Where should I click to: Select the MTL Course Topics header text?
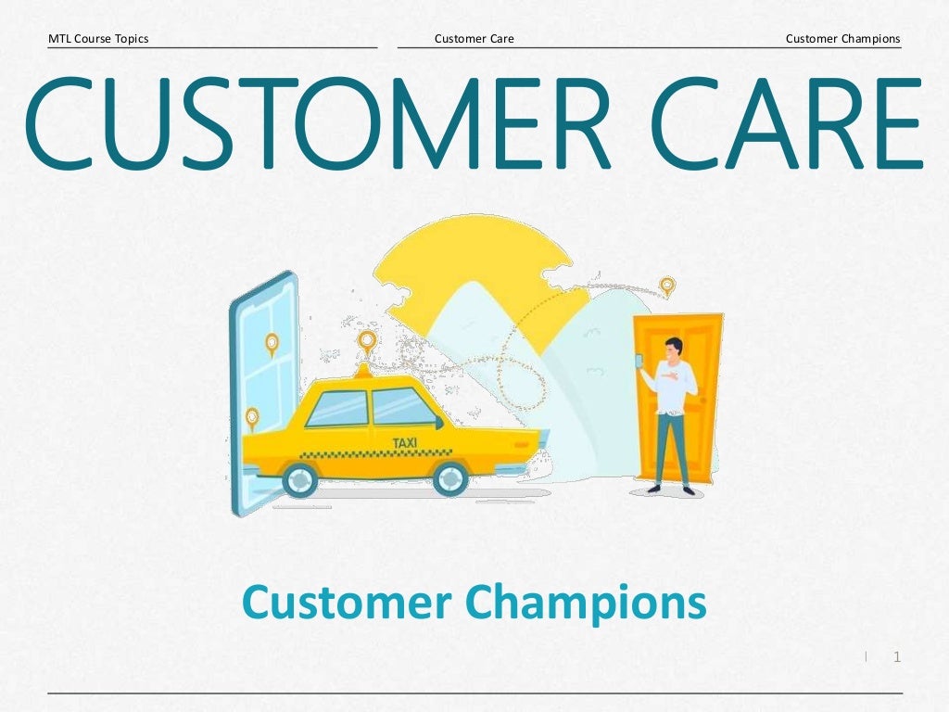coord(98,39)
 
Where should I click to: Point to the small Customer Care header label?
coord(474,39)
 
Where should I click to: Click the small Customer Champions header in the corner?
coord(842,39)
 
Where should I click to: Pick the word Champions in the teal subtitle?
coord(587,604)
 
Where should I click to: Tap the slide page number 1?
coord(896,657)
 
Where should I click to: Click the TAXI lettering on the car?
coord(405,443)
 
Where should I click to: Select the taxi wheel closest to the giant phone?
coord(299,479)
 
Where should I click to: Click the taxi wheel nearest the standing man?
coord(450,478)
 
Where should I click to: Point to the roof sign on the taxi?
coord(363,371)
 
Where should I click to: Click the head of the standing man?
coord(674,348)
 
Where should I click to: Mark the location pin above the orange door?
coord(666,285)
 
